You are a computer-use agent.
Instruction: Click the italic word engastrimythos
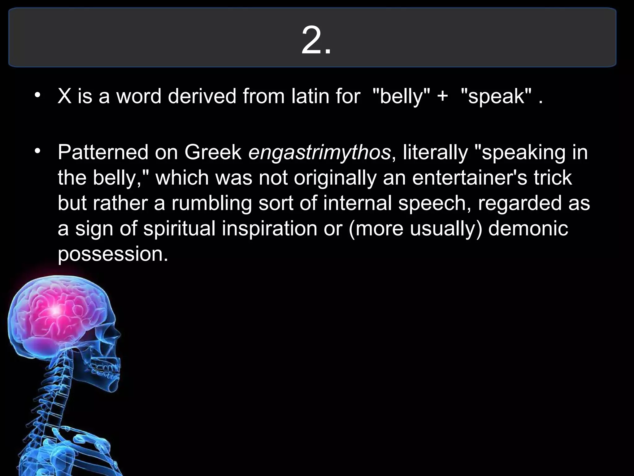tap(319, 153)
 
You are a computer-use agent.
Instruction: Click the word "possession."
tap(113, 254)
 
